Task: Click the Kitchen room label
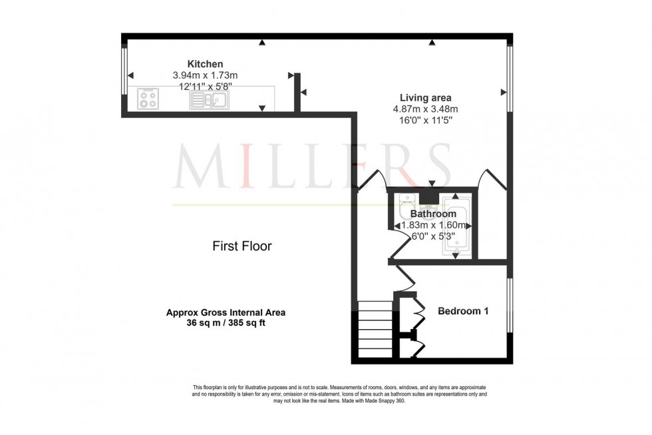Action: coord(200,64)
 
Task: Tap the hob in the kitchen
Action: coord(148,100)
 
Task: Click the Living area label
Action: coord(425,98)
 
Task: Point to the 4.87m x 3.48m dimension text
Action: coord(426,109)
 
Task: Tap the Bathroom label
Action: coord(433,214)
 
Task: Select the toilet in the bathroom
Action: coord(405,208)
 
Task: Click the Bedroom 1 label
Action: coord(463,310)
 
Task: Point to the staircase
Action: coord(375,330)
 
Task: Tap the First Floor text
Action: coord(242,246)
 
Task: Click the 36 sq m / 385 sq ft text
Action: coord(226,322)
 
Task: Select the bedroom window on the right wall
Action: coord(510,304)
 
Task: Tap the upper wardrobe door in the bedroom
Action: coord(418,309)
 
